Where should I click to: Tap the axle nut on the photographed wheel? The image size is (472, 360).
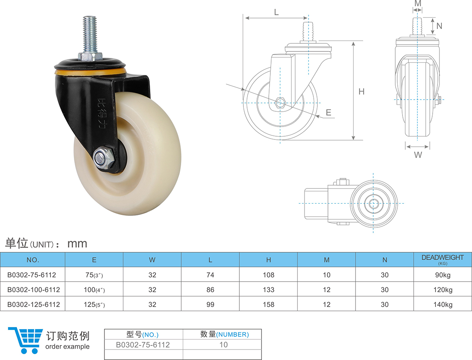point(102,157)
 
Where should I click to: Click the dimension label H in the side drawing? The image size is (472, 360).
point(362,92)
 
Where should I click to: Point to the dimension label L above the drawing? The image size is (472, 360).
point(276,12)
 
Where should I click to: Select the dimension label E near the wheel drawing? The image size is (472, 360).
point(329,113)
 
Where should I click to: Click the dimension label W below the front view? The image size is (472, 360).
point(418,155)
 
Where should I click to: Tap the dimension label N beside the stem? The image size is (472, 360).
point(439,26)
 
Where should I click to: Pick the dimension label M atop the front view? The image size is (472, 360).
point(418,4)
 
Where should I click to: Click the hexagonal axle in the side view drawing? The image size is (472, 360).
point(280,103)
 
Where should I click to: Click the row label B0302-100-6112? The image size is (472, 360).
point(34,290)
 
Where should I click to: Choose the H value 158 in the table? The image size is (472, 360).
point(268,305)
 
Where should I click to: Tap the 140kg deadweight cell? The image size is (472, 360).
point(443,305)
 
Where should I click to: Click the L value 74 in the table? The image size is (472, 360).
point(210,275)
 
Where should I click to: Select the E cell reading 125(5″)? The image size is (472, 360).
point(94,305)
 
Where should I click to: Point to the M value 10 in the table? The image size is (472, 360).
point(327,275)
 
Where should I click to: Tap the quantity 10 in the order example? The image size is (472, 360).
point(223,345)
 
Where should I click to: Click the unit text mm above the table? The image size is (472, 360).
point(77,243)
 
